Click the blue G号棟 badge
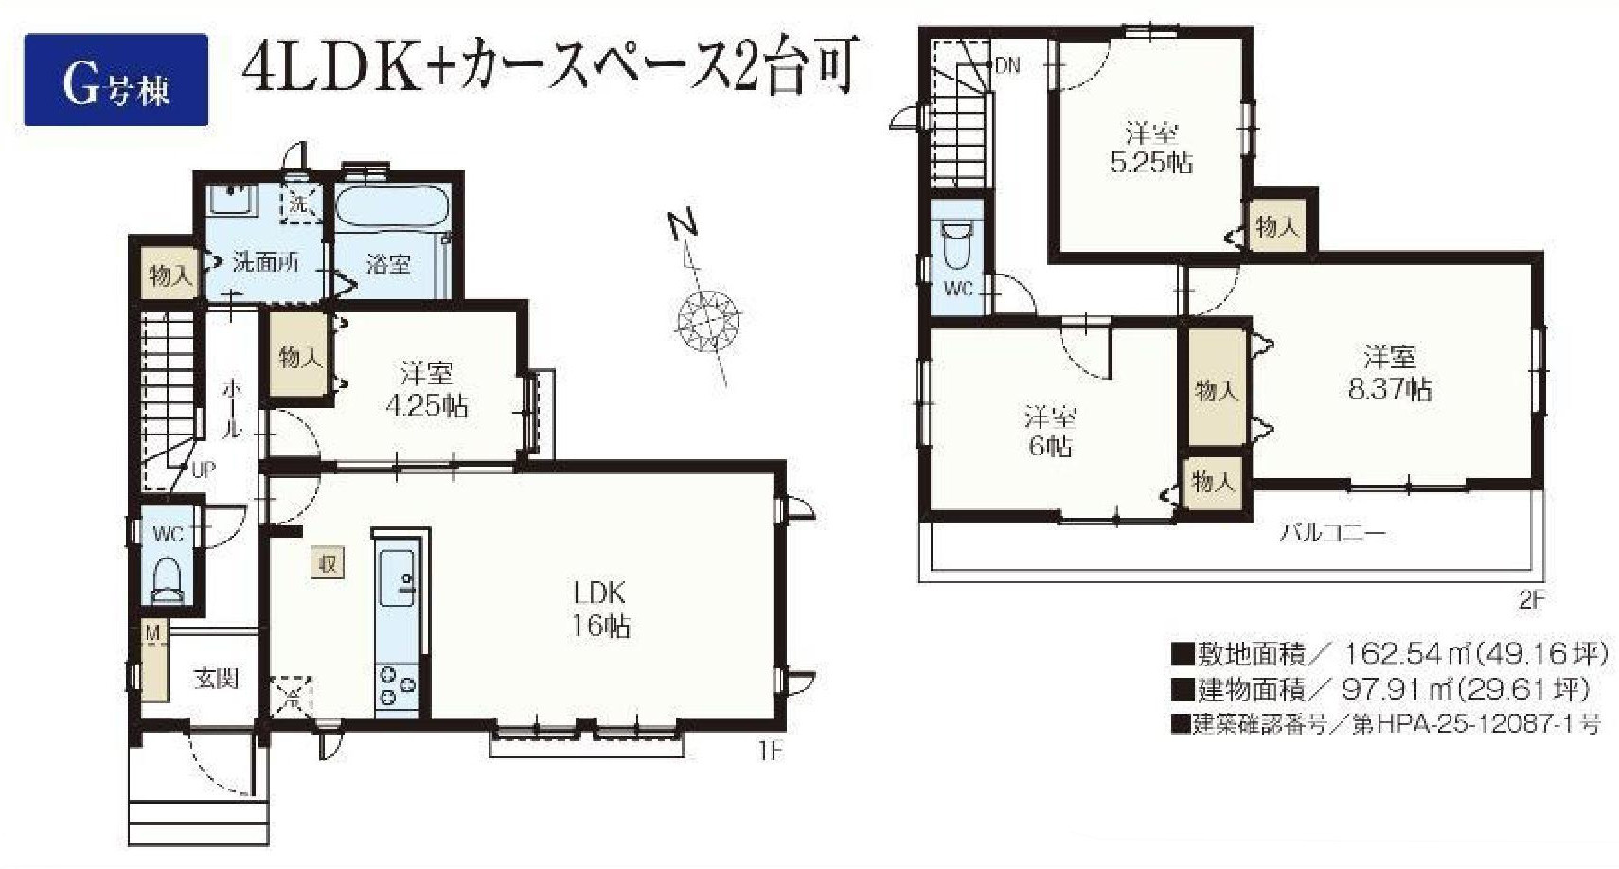116,80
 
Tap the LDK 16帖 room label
599,610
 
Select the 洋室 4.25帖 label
426,389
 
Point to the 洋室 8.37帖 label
1389,374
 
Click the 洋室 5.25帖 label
1150,149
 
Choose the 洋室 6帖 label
1050,432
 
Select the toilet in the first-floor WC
169,578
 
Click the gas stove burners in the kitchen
397,685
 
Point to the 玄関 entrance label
216,678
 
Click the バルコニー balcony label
1331,533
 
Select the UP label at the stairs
204,470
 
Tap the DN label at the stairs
1007,65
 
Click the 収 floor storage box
328,563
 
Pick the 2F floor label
1531,599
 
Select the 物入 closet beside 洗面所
170,275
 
